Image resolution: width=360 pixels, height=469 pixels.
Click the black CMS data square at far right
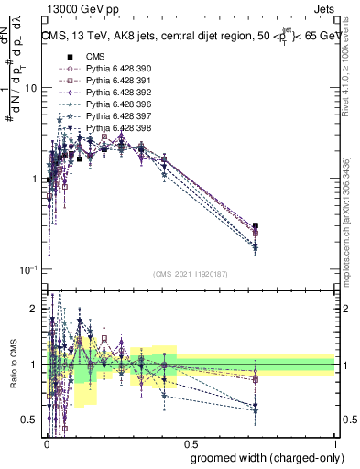pos(256,225)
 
